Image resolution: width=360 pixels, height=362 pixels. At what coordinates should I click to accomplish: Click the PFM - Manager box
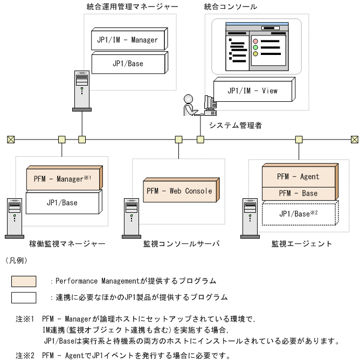tap(64, 179)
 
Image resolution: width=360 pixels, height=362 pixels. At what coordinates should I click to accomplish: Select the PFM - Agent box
tap(298, 176)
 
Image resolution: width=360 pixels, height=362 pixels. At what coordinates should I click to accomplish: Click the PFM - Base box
tap(298, 193)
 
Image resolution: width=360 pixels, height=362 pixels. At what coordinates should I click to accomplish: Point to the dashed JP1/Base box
tap(298, 214)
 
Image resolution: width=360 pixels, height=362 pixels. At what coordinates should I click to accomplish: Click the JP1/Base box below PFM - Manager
tap(64, 203)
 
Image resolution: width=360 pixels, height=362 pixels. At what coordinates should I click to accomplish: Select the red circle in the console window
tap(256, 41)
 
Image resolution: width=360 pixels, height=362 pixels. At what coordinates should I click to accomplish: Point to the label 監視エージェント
tap(295, 243)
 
